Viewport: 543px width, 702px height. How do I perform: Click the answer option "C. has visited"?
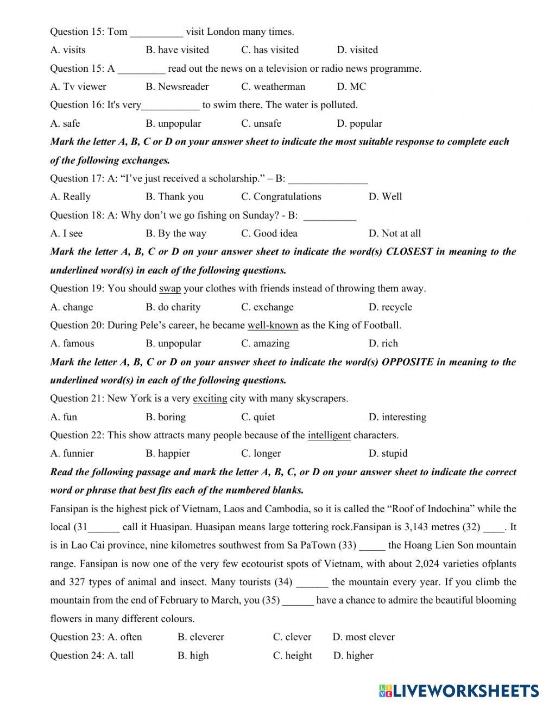[x=270, y=50]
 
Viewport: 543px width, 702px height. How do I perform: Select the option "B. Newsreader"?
[x=177, y=86]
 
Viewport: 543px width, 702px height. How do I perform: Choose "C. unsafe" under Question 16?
[x=261, y=123]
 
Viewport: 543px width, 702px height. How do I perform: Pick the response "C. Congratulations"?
[x=281, y=197]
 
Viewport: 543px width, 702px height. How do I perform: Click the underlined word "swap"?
[x=170, y=289]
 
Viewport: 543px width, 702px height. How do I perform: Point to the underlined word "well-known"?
[x=273, y=326]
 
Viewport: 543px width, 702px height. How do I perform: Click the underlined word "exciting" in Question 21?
[x=210, y=399]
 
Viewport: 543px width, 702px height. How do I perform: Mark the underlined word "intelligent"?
[x=329, y=435]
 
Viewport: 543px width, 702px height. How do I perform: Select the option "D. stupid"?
[x=388, y=453]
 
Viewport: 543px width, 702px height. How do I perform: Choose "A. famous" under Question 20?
[x=72, y=344]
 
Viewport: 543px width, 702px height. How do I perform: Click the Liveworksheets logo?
[x=459, y=691]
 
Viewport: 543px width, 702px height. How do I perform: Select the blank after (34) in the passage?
[x=312, y=583]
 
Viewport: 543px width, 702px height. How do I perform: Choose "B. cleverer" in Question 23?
[x=200, y=637]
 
